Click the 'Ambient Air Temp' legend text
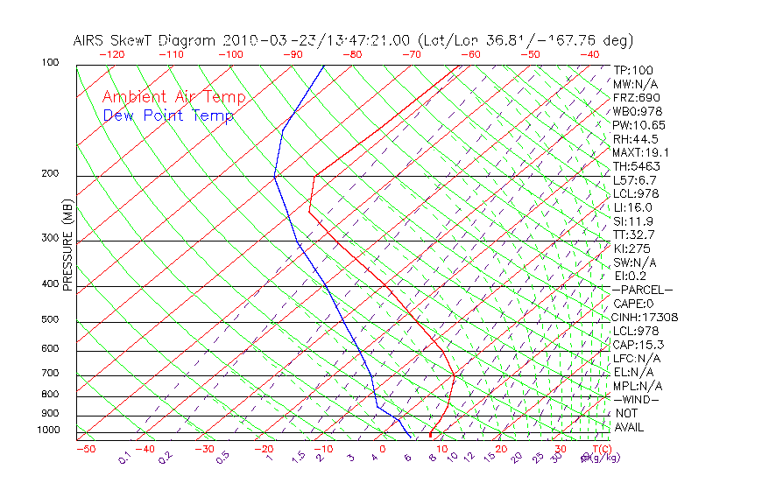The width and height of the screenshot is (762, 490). point(173,97)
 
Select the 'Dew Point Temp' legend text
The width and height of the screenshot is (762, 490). point(168,115)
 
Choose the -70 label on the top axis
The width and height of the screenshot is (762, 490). point(412,54)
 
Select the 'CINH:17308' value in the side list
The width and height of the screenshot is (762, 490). point(646,318)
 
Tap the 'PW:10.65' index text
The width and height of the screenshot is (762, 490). point(639,125)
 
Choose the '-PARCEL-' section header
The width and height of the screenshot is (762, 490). point(643,290)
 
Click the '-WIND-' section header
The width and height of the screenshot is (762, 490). point(636,399)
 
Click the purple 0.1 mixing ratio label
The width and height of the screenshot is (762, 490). point(124,458)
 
